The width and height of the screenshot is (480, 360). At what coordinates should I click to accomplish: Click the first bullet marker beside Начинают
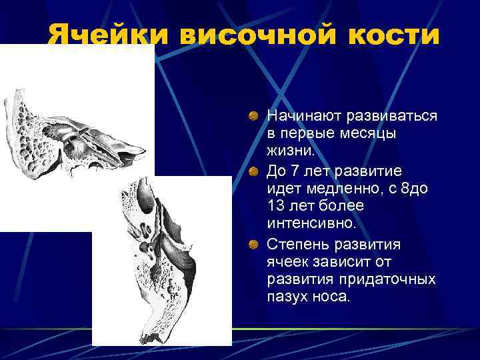coord(253,117)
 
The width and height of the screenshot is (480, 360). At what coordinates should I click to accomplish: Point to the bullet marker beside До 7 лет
coord(253,172)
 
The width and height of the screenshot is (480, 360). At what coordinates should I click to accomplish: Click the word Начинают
coord(304,116)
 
